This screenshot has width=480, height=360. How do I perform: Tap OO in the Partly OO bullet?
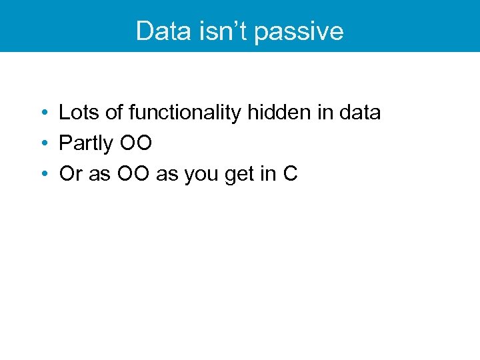(136, 143)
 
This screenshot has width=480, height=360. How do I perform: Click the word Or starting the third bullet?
(69, 175)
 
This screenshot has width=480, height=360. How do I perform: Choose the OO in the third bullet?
(133, 175)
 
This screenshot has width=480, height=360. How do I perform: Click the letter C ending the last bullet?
(290, 175)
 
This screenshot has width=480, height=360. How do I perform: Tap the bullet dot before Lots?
(42, 113)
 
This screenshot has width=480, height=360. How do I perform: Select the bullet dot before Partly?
(42, 144)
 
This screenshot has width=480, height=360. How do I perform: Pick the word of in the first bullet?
(114, 113)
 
